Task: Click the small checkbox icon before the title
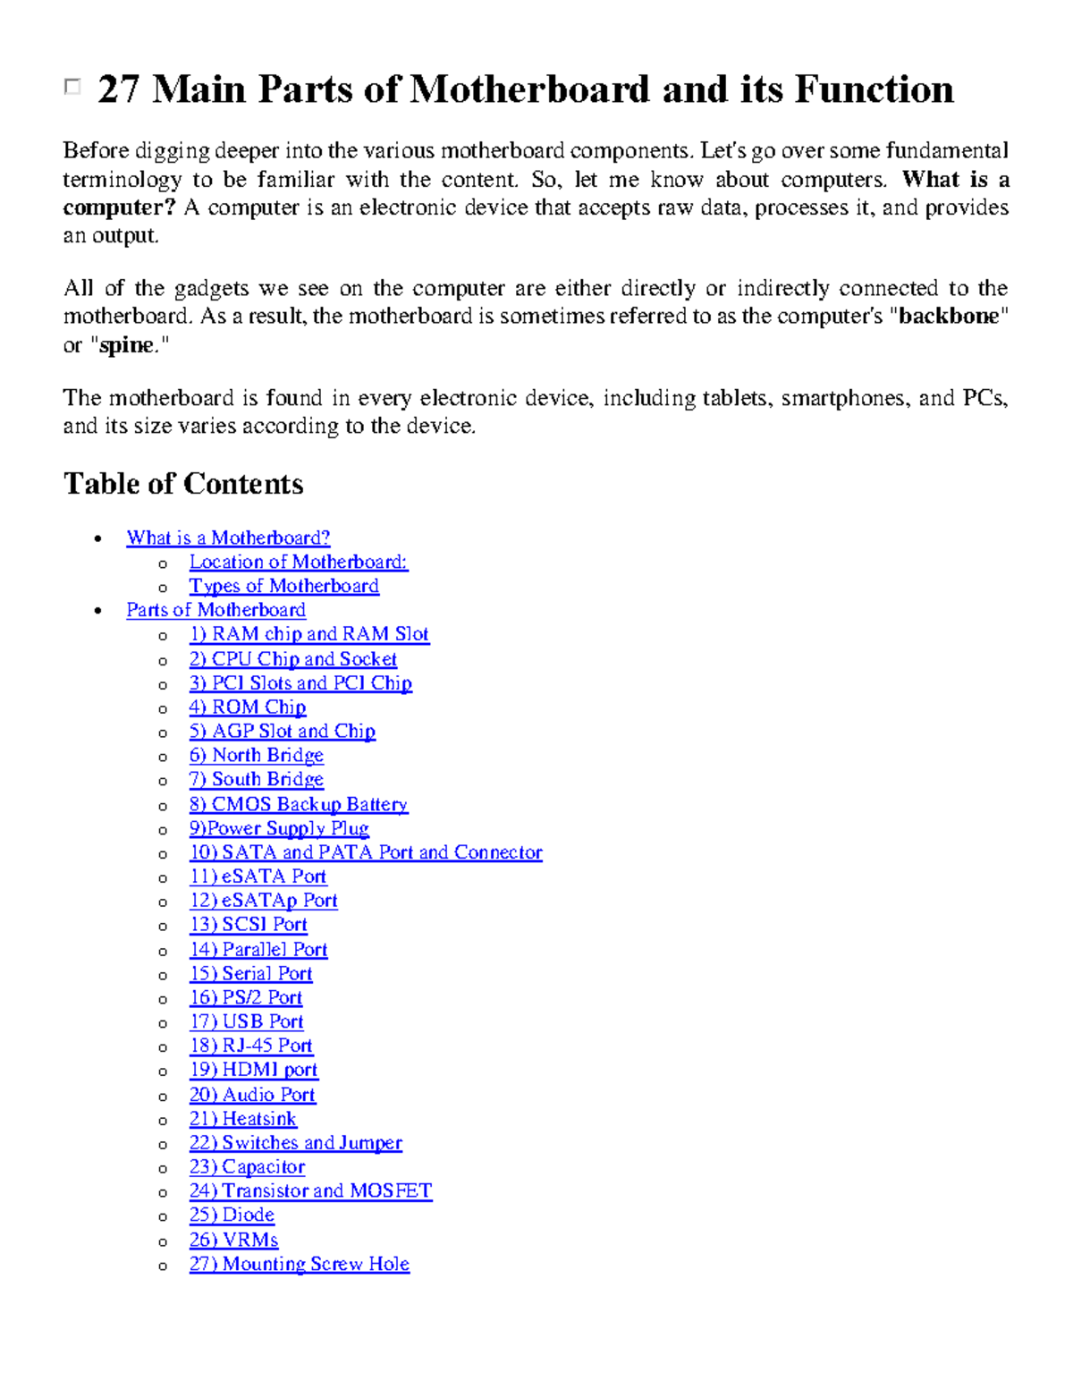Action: [72, 87]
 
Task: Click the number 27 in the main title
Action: [118, 89]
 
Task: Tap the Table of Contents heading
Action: [183, 484]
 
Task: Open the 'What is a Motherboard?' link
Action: [228, 538]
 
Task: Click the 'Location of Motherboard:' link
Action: [298, 562]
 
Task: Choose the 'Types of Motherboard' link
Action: [283, 586]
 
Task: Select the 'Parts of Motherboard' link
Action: [215, 610]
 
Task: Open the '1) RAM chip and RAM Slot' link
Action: [308, 634]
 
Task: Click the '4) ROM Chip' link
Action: [247, 707]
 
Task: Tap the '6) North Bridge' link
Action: [256, 755]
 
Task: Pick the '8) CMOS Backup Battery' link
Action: [298, 804]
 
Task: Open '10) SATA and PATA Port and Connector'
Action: [365, 852]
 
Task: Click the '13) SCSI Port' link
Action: [248, 925]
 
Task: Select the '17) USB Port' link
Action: [246, 1021]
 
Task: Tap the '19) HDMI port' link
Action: [253, 1070]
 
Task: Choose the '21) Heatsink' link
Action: [242, 1118]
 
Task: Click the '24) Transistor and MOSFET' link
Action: [310, 1190]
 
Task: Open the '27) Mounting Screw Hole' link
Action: [299, 1264]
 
